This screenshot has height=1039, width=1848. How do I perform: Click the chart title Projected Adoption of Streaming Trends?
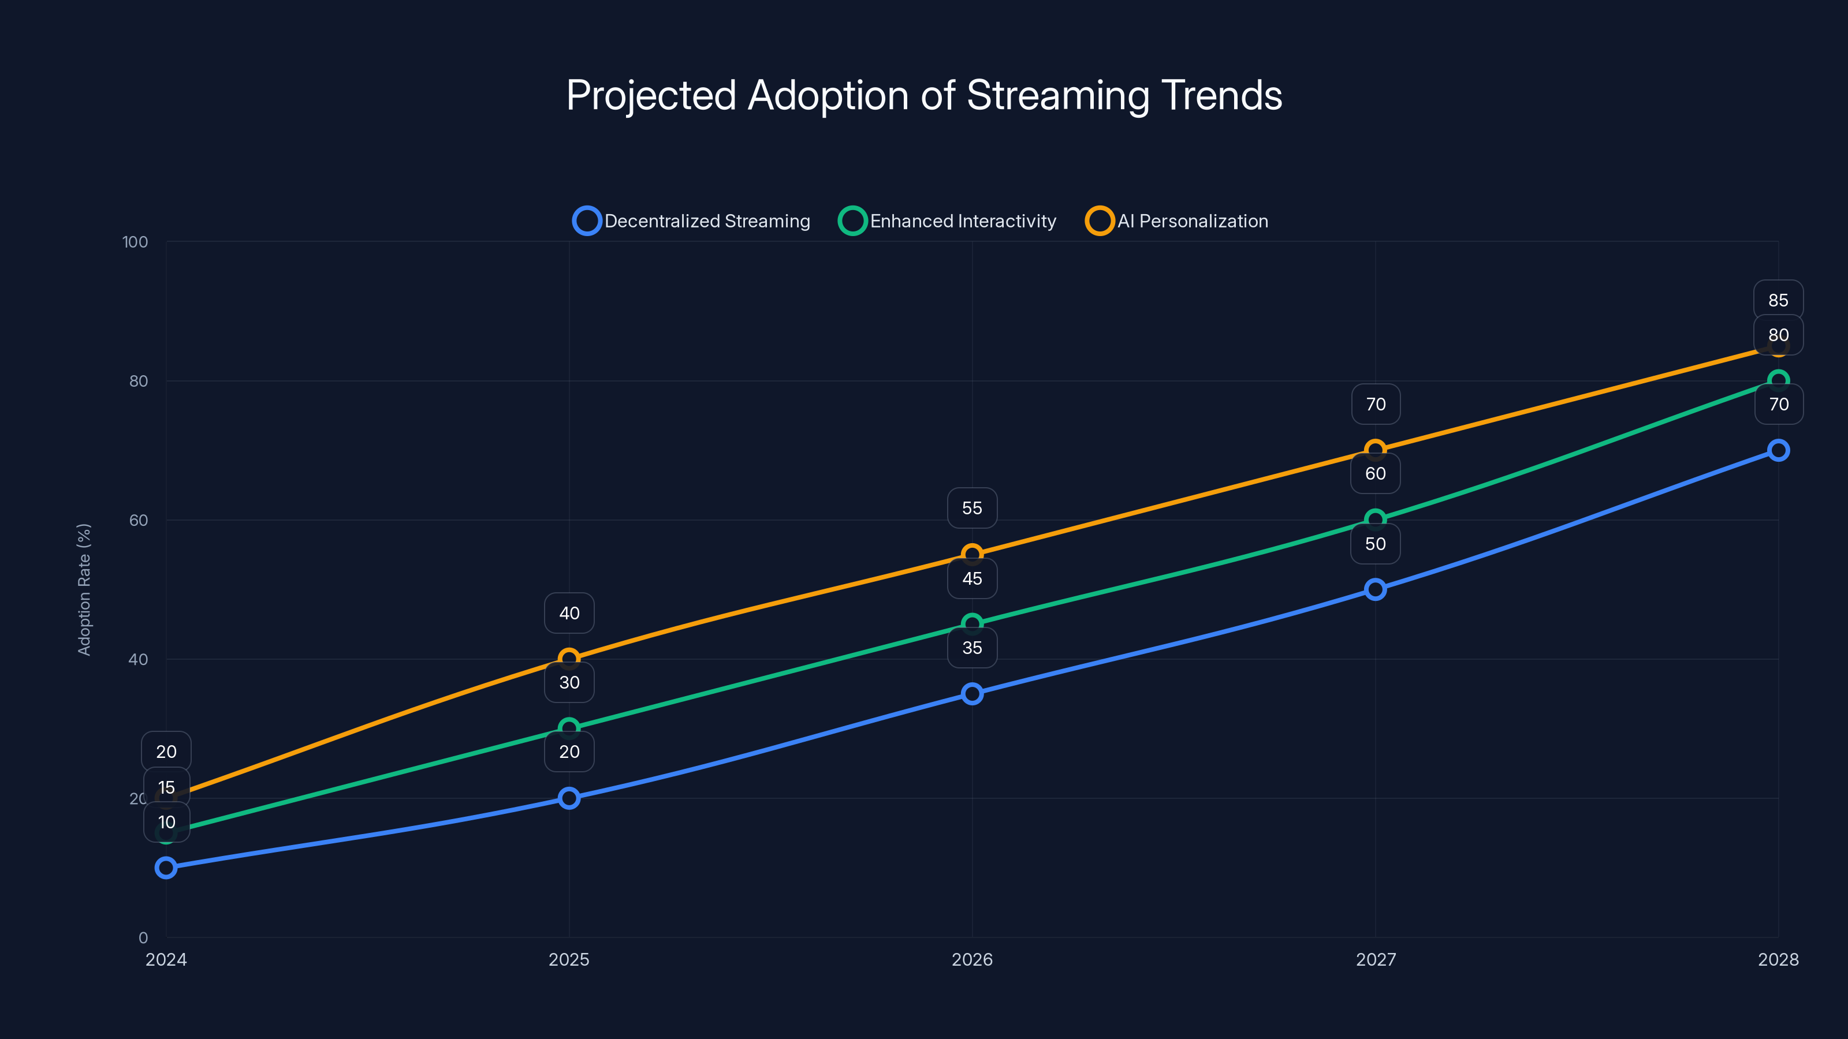coord(924,95)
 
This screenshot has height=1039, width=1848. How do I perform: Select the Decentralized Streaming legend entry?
coord(692,221)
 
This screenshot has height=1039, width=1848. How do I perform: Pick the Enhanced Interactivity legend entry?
coord(948,221)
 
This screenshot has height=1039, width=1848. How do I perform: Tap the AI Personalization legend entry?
coord(1178,221)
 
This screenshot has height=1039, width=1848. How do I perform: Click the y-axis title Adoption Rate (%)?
coord(84,589)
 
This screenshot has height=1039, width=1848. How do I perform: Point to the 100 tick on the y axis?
coord(135,242)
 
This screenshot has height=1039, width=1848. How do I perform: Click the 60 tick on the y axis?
coord(139,520)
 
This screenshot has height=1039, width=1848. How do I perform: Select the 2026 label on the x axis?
coord(972,959)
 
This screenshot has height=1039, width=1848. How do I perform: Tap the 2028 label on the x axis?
coord(1778,959)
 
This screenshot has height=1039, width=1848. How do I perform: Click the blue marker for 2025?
coord(569,798)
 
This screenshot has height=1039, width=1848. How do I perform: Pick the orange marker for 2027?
coord(1375,450)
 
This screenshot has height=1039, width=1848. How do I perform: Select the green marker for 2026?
coord(972,624)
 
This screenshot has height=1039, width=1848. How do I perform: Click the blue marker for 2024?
coord(166,868)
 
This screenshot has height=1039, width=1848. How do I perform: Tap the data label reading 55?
coord(972,509)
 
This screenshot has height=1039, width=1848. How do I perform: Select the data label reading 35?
coord(972,648)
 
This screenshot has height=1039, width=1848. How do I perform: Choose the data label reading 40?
coord(569,613)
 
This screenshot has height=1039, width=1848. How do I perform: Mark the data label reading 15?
coord(166,787)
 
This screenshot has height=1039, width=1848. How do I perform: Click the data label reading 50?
coord(1375,544)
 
